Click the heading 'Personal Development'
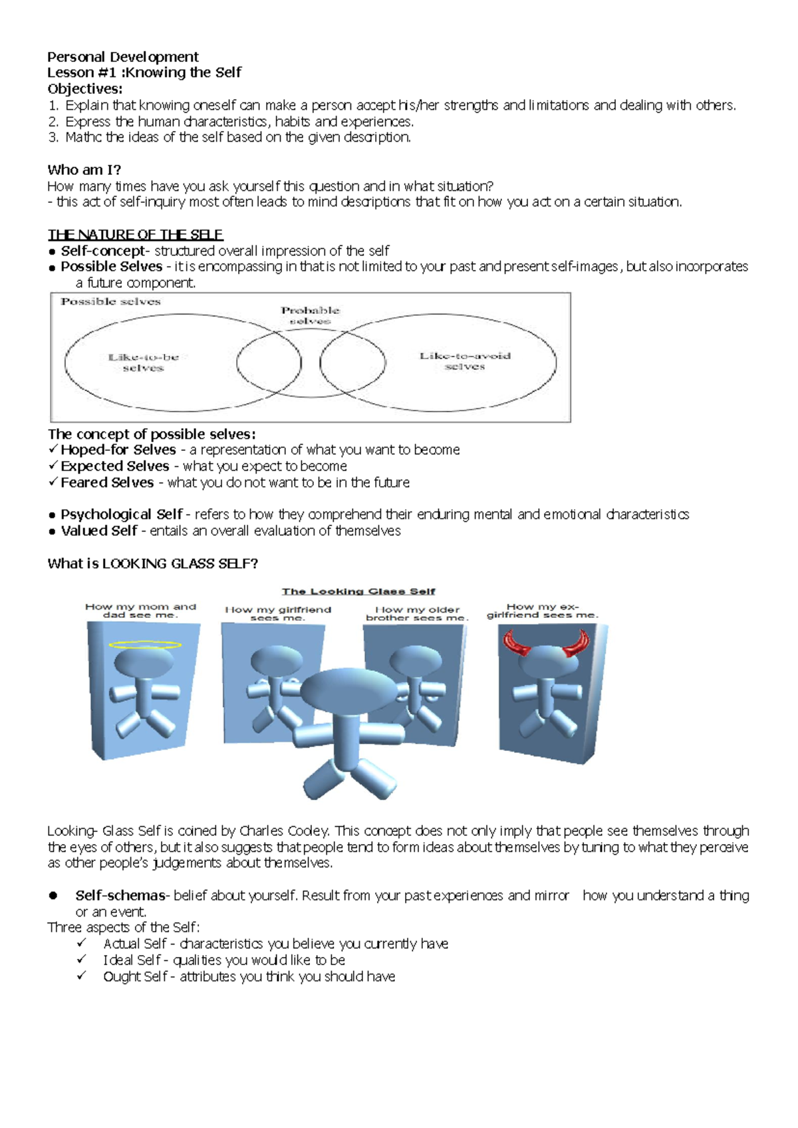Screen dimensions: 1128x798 (x=123, y=57)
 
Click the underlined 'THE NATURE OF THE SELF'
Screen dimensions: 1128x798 (x=135, y=234)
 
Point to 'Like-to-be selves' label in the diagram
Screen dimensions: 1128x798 (x=143, y=362)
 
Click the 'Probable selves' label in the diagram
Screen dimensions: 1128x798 (x=310, y=315)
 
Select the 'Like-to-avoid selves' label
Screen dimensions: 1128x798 (x=465, y=360)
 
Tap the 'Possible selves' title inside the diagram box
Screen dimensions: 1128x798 (x=110, y=301)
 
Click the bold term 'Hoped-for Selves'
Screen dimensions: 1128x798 (x=118, y=450)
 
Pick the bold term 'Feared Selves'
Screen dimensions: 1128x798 (x=107, y=482)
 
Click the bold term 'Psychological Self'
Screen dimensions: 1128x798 (x=121, y=514)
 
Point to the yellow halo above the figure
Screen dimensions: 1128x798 (x=144, y=644)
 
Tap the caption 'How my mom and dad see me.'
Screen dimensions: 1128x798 (x=140, y=611)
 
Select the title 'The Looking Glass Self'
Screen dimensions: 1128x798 (x=358, y=591)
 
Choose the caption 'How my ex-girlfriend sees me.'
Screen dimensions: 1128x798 (x=542, y=611)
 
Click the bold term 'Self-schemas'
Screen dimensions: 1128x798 (x=120, y=895)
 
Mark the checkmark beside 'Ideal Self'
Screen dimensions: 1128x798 (x=81, y=959)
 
